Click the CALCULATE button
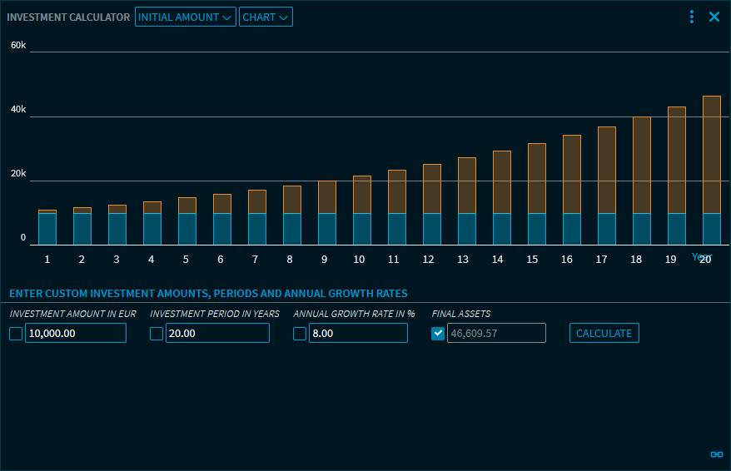(x=604, y=334)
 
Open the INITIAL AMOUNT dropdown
(x=186, y=17)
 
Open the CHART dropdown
(x=266, y=17)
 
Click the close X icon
(x=714, y=17)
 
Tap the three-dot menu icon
(x=692, y=17)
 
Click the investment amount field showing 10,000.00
(x=75, y=334)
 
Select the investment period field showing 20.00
(x=216, y=334)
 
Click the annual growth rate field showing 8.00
(x=357, y=334)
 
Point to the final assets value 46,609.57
(x=496, y=334)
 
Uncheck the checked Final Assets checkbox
(x=438, y=334)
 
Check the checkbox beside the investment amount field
(x=16, y=334)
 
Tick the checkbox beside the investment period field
(x=157, y=334)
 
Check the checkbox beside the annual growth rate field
(x=300, y=334)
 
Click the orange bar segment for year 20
(x=711, y=154)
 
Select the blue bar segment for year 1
(x=47, y=229)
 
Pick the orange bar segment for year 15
(x=537, y=178)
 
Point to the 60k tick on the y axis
(x=18, y=45)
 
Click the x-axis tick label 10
(x=359, y=260)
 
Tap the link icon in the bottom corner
(x=716, y=454)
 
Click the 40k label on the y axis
(x=18, y=110)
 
